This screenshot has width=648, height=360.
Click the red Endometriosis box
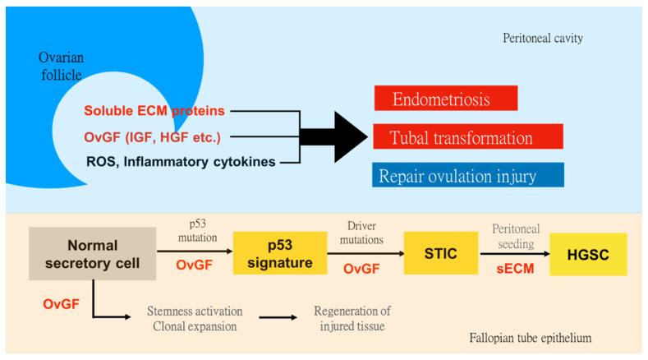tap(444, 98)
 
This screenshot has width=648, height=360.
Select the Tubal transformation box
tap(467, 136)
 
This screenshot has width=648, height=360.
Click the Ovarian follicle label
tap(62, 66)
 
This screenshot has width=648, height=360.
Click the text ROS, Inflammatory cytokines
tap(182, 162)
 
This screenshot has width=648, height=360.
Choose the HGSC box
tap(588, 253)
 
